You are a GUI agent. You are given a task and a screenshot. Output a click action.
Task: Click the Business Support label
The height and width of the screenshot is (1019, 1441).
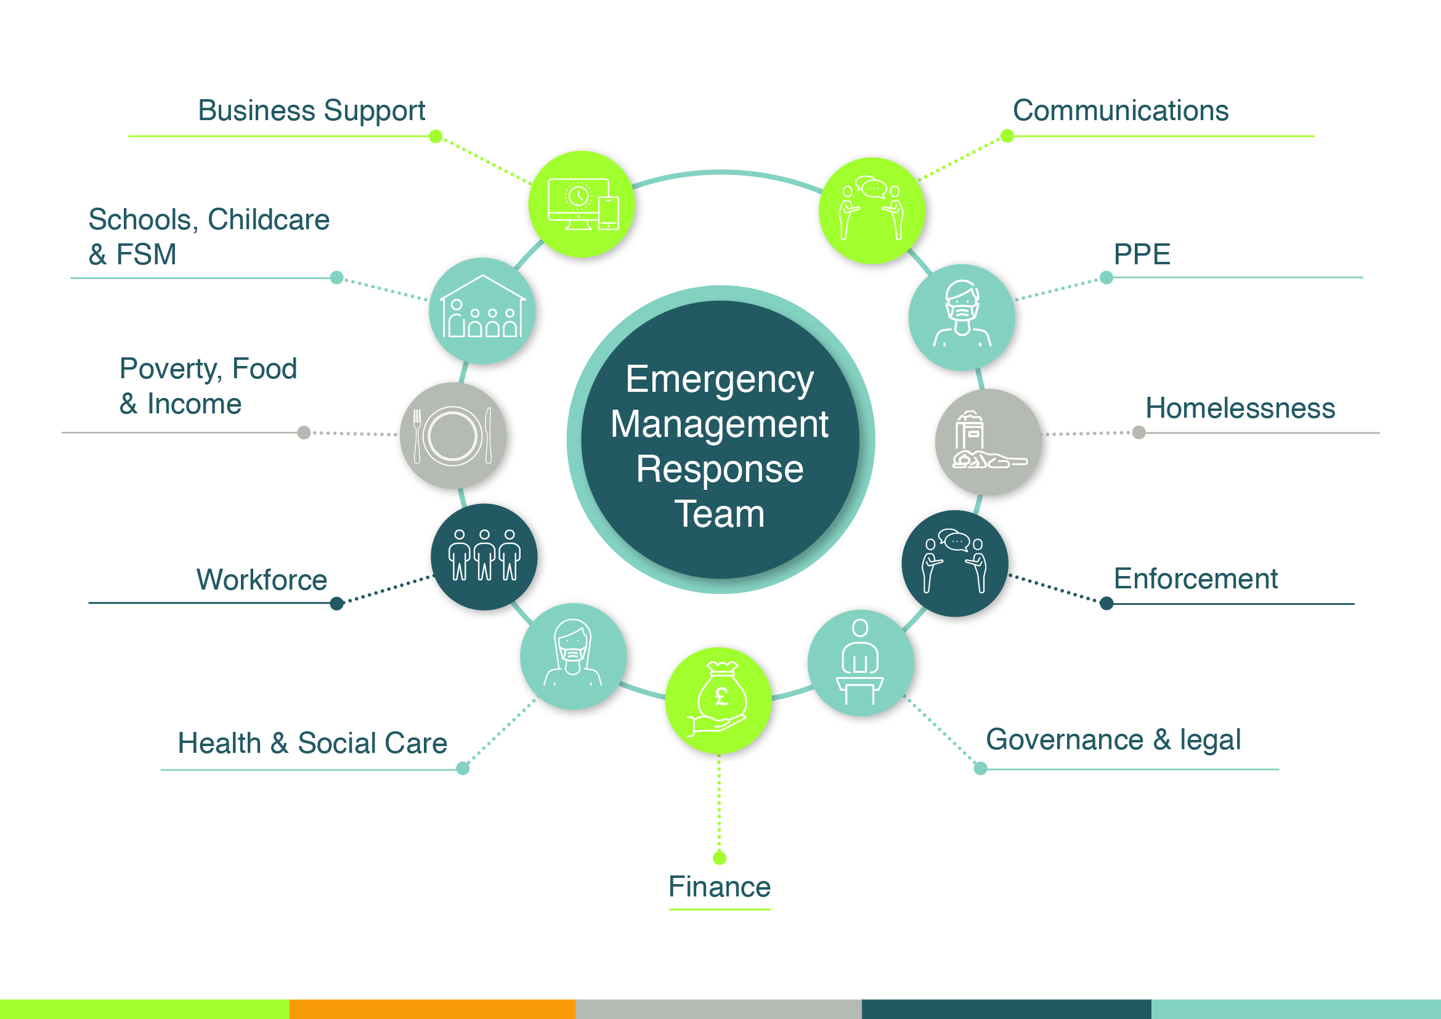(x=311, y=111)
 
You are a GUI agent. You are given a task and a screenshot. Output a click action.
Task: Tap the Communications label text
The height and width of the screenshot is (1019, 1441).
(x=1120, y=111)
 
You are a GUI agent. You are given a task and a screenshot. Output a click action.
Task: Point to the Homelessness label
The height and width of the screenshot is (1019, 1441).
(x=1240, y=408)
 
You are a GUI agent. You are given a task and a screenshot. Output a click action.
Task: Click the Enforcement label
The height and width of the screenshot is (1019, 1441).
(x=1195, y=579)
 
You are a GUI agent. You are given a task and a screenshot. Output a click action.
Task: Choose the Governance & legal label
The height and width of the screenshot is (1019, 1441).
(x=1113, y=740)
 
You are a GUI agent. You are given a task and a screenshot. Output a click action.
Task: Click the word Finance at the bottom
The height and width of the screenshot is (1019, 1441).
(x=719, y=887)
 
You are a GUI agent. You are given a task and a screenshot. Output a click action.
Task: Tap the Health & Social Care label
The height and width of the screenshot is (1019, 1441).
(x=312, y=744)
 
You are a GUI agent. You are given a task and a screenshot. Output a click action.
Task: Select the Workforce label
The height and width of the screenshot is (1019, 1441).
(x=262, y=580)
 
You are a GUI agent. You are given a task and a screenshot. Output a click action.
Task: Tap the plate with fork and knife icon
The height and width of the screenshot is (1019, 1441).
(x=453, y=436)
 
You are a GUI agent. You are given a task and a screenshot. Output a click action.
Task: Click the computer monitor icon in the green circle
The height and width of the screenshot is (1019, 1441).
(x=582, y=205)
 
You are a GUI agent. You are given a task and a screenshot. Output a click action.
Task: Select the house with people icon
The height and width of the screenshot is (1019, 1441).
(x=482, y=310)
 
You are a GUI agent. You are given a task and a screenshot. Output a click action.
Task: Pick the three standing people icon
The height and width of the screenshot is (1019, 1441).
(x=484, y=556)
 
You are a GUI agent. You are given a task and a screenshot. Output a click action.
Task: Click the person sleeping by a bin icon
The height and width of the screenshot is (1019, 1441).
(x=988, y=442)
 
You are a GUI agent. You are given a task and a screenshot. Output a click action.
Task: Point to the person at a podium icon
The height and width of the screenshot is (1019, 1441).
(x=861, y=663)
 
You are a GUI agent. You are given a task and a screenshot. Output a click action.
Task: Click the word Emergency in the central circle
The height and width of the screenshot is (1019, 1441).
(x=719, y=380)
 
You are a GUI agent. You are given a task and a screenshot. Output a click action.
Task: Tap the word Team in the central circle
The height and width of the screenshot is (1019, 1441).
(x=719, y=514)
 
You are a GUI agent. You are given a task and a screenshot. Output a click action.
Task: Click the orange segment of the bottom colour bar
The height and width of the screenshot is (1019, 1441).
(x=432, y=1009)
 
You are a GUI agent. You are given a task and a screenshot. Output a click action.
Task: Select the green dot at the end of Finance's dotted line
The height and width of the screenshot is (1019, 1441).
(x=720, y=858)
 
